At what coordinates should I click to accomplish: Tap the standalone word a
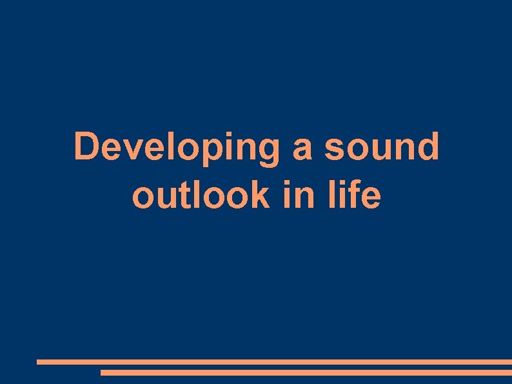click(x=302, y=150)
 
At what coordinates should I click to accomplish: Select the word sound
click(x=381, y=147)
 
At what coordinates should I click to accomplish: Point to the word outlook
click(x=201, y=196)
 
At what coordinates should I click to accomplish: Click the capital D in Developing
click(x=87, y=147)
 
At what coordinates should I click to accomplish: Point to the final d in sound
click(x=426, y=147)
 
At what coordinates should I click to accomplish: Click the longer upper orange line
click(x=274, y=362)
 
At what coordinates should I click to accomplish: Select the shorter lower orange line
click(x=306, y=372)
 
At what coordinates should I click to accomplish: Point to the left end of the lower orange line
click(x=103, y=372)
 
